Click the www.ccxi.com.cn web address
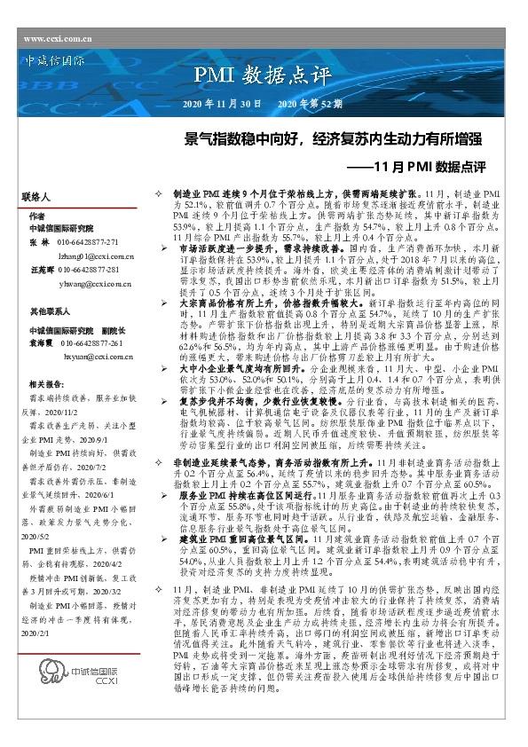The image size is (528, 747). tap(58, 39)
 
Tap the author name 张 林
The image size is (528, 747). tap(39, 241)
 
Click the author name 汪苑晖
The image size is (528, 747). tap(42, 269)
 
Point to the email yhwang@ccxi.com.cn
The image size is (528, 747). tap(96, 283)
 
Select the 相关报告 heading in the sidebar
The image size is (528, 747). tap(44, 384)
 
